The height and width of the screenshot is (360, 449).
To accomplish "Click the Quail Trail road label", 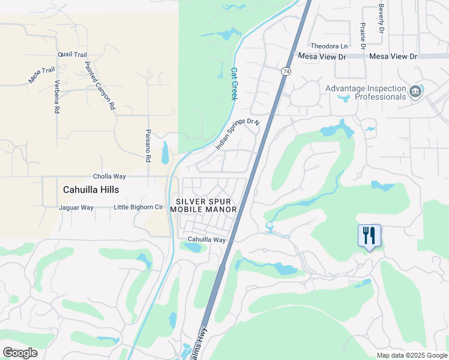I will coord(73,54).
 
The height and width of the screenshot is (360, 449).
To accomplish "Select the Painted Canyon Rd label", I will coord(99,85).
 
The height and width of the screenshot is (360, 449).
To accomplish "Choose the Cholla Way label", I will coord(109,176).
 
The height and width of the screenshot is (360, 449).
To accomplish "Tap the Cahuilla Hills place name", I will coord(91,190).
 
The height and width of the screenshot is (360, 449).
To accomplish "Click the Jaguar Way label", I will coord(76,208).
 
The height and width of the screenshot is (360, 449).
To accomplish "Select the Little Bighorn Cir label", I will coord(139,208).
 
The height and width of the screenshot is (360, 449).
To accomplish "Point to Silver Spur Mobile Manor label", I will coord(203,205).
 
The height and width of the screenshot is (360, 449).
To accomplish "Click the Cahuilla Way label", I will coord(206,239).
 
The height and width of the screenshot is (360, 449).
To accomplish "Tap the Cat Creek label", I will coord(235,83).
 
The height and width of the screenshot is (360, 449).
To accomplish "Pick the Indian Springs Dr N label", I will coord(237,134).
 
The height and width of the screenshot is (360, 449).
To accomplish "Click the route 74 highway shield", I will coord(285,71).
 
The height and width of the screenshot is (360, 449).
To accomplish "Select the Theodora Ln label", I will coord(328,46).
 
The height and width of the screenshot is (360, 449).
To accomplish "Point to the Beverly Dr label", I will coord(381,19).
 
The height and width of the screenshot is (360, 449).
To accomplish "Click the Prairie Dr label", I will coord(363,37).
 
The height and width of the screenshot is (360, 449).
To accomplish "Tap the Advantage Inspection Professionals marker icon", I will coord(415,92).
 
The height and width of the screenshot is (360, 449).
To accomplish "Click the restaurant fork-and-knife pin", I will coord(369,235).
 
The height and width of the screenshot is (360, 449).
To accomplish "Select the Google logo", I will coord(20,353).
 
